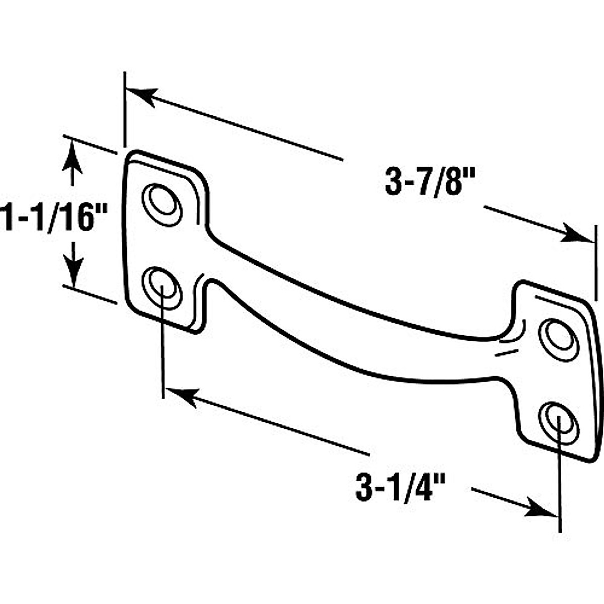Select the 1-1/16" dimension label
pos(54,217)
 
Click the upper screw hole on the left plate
pos(162,203)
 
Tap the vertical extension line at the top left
pos(124,111)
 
